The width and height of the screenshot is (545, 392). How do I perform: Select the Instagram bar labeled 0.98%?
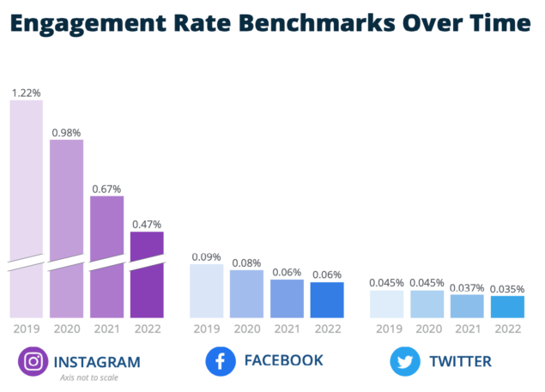(x=67, y=227)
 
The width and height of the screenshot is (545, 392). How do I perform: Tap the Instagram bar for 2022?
(x=147, y=274)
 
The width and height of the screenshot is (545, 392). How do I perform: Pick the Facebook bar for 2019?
(x=206, y=291)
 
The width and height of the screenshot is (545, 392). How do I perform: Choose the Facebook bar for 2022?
(x=327, y=300)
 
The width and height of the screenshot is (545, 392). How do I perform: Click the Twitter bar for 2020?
(x=427, y=304)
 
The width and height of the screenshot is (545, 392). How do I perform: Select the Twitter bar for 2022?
(x=507, y=306)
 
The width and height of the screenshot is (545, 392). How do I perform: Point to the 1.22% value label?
(x=27, y=91)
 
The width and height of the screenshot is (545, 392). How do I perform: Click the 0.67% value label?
(x=106, y=188)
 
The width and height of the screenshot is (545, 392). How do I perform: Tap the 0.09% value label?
(x=206, y=256)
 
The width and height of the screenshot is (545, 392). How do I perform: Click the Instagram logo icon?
(x=33, y=361)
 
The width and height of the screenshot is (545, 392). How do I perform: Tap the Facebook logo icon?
(x=221, y=361)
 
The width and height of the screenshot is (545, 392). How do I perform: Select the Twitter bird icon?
(x=404, y=361)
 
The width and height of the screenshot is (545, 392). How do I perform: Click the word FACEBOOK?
(x=284, y=360)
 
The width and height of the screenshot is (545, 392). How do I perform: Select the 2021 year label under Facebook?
(x=287, y=328)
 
